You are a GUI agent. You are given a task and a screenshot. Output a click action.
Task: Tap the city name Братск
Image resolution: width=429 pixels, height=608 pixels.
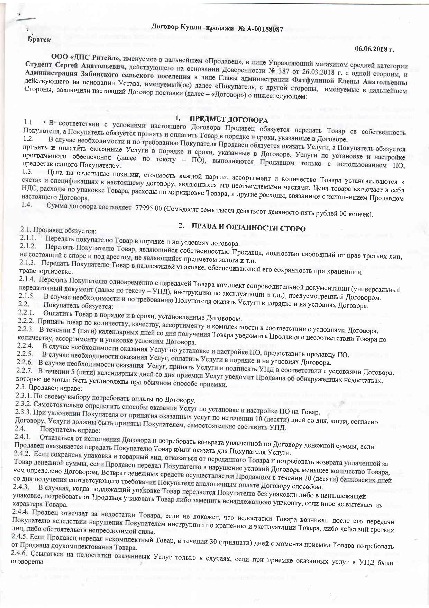39,39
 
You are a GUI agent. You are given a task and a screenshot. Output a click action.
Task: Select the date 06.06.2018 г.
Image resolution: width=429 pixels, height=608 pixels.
374,49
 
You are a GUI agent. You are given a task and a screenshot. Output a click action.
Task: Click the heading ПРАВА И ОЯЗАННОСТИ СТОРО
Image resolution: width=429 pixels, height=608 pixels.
249,228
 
